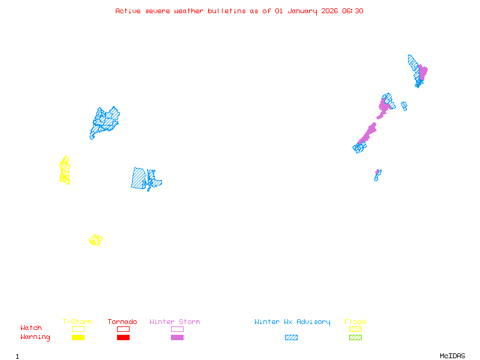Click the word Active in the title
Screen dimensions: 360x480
128,11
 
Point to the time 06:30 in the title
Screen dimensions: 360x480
352,11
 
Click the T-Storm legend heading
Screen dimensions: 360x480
77,322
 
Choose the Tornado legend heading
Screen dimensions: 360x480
122,322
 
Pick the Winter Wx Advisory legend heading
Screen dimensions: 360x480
292,322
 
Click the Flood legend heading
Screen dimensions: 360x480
355,322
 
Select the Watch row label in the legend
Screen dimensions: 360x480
31,328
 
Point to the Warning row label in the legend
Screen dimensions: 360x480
35,337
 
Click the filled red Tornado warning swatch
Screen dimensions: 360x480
123,337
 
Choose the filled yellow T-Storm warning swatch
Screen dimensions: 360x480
78,337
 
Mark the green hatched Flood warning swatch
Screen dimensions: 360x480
355,337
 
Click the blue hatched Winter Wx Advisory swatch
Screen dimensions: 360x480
291,337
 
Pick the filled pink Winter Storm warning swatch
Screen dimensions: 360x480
177,337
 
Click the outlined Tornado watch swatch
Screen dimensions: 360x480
123,329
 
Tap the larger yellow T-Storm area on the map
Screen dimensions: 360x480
65,170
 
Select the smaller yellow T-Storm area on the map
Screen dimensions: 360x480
95,240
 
